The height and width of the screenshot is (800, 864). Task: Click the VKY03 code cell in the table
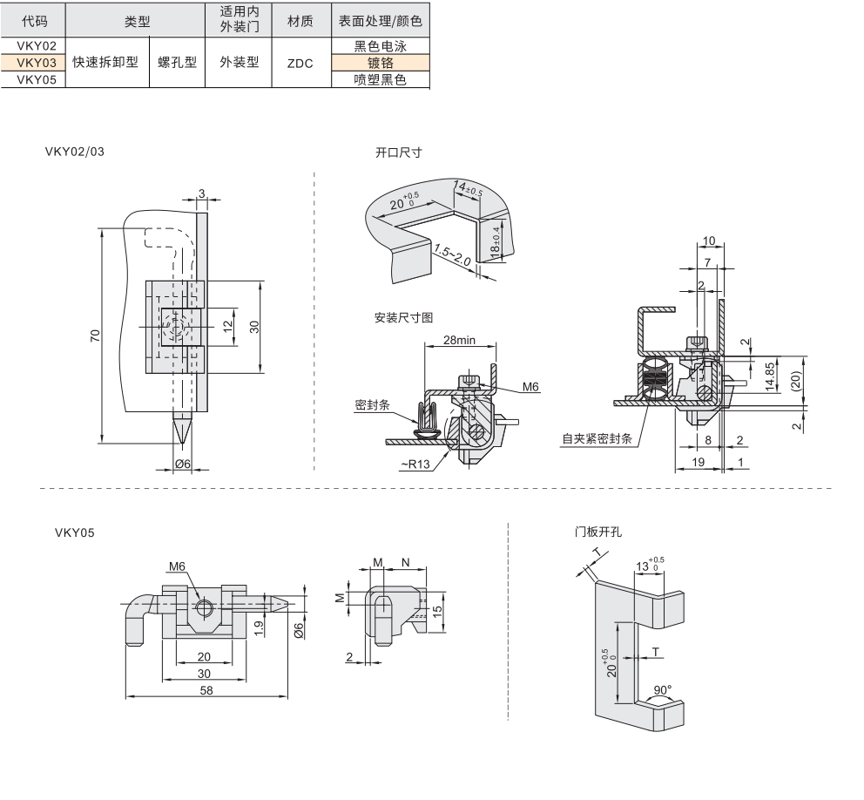pos(36,63)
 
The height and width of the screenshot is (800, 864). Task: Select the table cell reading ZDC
pos(300,64)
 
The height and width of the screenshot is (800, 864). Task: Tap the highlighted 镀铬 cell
pos(381,63)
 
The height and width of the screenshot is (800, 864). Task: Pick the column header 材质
pos(300,21)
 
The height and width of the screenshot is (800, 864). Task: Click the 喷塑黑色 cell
pos(381,80)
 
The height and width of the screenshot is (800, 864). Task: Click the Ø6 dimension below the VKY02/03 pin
pos(182,464)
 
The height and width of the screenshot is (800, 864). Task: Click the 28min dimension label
pos(459,340)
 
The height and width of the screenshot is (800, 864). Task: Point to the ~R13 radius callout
pos(416,464)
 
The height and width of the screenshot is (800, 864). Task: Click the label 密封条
pos(372,405)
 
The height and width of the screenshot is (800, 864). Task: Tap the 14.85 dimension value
pos(769,376)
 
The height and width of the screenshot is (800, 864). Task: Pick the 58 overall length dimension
pos(206,690)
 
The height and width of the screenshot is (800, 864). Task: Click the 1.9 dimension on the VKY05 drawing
pos(259,627)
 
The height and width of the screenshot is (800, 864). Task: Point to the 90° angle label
pos(662,688)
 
